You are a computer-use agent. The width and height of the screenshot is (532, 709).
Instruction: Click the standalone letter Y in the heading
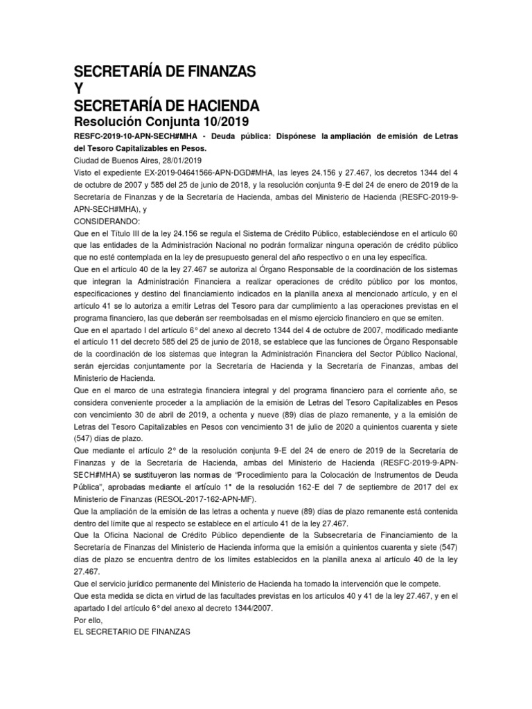pos(78,88)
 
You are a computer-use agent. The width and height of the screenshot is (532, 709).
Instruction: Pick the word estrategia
pos(168,391)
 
